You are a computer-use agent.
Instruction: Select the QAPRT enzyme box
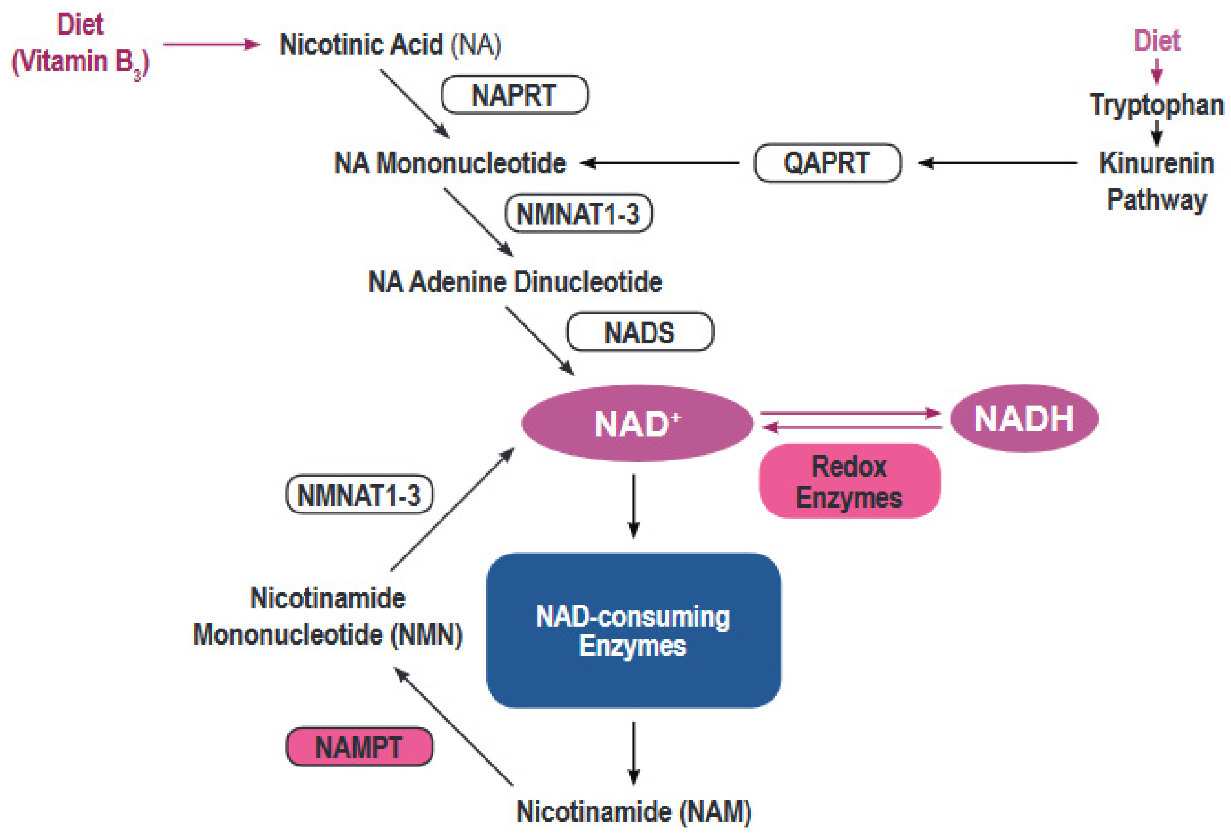click(x=828, y=162)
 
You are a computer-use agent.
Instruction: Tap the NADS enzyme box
click(x=640, y=332)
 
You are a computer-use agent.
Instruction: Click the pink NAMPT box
click(x=359, y=746)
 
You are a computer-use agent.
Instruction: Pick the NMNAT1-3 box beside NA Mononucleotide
click(x=578, y=213)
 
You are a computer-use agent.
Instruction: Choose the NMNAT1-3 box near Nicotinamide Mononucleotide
click(x=359, y=494)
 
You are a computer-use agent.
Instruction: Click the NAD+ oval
click(x=637, y=423)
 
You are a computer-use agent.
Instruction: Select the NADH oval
click(x=1024, y=418)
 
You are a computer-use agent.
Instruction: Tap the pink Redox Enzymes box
click(x=850, y=481)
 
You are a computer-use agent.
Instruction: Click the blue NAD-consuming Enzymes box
click(x=633, y=630)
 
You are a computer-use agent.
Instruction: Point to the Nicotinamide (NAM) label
click(x=634, y=812)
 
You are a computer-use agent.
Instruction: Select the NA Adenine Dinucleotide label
click(x=515, y=281)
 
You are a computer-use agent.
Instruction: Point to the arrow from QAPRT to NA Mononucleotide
click(x=660, y=162)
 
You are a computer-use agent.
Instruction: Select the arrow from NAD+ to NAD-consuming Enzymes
click(x=634, y=506)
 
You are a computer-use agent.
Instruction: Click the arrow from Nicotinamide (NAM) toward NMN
click(x=453, y=726)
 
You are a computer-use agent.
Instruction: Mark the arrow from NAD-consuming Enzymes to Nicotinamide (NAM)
click(x=634, y=753)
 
